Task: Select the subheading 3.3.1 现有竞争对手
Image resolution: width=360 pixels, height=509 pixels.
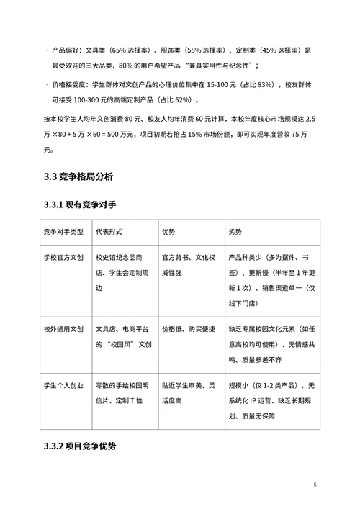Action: pos(80,205)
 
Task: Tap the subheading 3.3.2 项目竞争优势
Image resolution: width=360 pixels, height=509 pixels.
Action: pos(80,446)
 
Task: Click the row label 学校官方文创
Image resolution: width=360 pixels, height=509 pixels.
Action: pos(64,256)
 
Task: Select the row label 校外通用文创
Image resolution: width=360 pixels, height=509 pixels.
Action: pos(64,328)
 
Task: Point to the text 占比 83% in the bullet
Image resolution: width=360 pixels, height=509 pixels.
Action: pos(254,85)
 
